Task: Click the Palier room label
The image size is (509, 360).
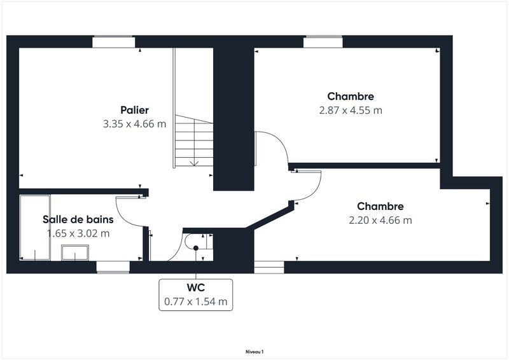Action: (x=134, y=110)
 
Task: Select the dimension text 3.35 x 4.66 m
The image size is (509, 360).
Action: (x=134, y=124)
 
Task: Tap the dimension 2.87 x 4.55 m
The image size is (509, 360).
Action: (x=351, y=110)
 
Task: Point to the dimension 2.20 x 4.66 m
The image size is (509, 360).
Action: (x=380, y=221)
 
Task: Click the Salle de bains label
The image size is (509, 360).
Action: (x=78, y=219)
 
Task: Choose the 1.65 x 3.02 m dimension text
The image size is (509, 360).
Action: (x=78, y=233)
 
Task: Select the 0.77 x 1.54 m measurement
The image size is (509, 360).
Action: (x=195, y=301)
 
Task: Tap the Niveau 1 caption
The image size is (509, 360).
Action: (x=254, y=351)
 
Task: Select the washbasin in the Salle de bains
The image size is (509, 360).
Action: (x=75, y=253)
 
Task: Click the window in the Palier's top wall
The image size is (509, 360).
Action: (x=114, y=42)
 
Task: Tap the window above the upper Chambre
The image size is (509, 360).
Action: (x=323, y=42)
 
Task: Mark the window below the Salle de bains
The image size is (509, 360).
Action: (x=113, y=267)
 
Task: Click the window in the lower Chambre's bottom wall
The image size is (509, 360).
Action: (x=269, y=267)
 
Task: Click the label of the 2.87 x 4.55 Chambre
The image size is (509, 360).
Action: (x=351, y=97)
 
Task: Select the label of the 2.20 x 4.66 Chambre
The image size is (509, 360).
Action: (x=380, y=207)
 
